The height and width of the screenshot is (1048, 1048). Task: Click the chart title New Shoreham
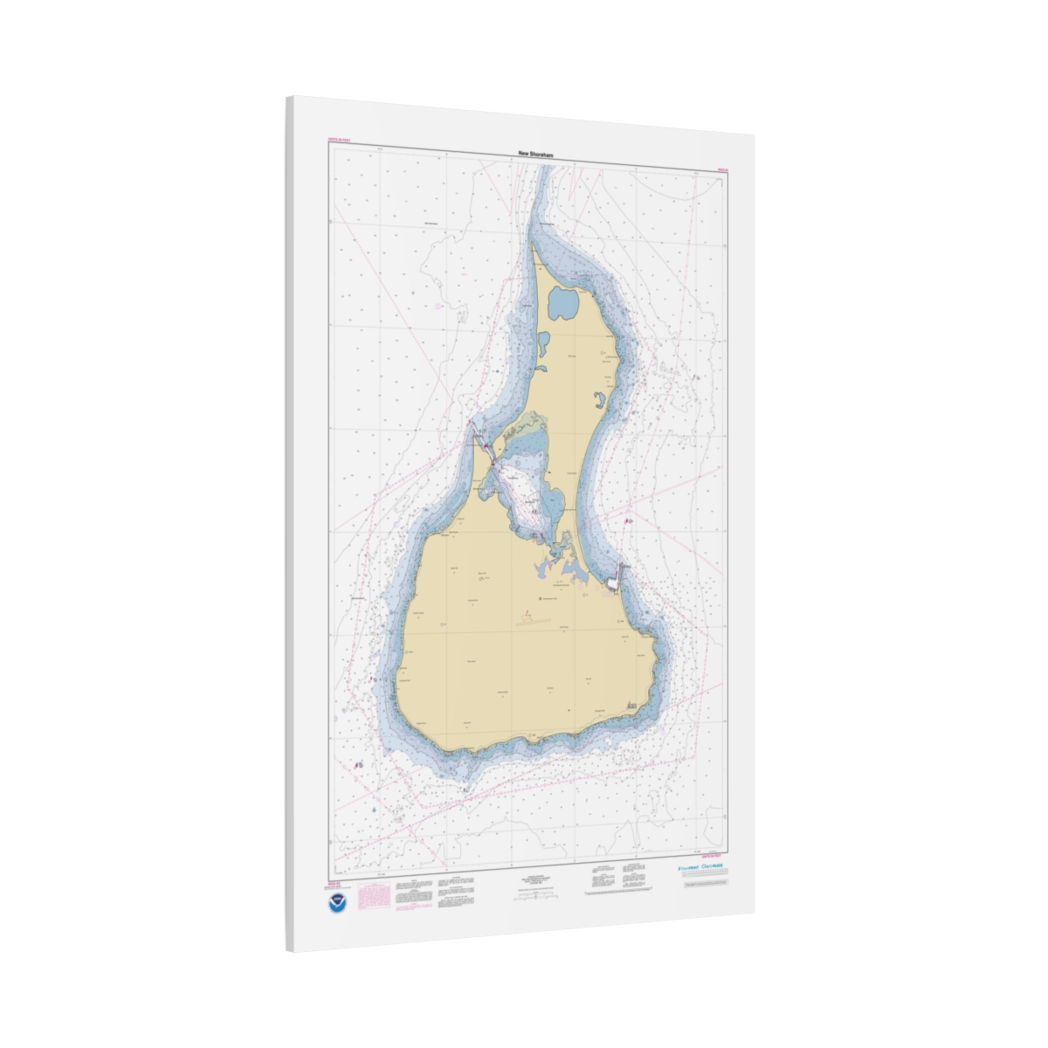(536, 154)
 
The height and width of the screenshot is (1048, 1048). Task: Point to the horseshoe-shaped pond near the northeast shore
(600, 403)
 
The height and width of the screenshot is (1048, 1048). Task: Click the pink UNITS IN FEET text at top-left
(337, 141)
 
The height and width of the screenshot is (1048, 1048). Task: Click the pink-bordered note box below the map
(374, 894)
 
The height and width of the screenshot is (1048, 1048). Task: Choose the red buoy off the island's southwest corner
(358, 764)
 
